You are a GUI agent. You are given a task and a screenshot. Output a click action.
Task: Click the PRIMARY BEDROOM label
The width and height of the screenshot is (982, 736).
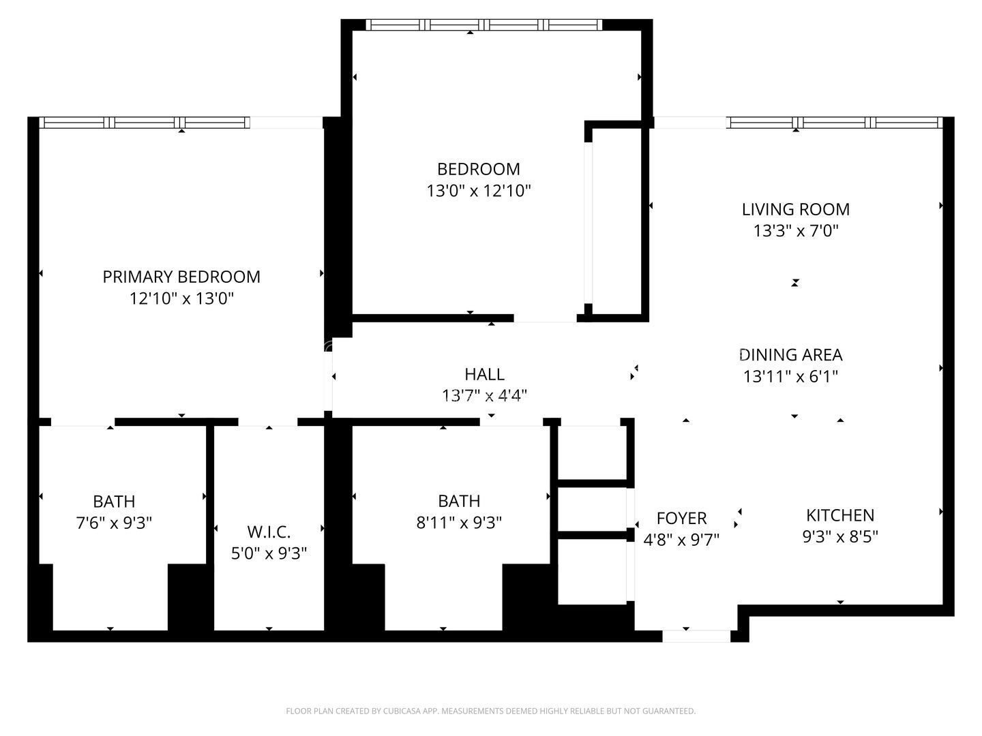tap(181, 277)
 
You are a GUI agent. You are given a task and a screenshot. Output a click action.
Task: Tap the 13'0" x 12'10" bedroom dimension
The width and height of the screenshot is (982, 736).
tap(478, 191)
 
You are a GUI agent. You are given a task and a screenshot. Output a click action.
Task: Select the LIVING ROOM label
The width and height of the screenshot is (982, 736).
tap(795, 209)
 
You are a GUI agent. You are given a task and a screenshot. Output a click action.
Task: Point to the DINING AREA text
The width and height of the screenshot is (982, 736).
tap(791, 355)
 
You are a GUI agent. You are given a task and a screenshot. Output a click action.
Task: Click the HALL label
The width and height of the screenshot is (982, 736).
tap(484, 374)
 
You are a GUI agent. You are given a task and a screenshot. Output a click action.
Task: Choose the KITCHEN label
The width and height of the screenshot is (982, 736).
tap(839, 515)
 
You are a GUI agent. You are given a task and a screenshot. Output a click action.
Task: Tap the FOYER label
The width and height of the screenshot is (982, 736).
tap(681, 519)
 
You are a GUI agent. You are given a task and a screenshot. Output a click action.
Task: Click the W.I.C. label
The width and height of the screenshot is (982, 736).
tap(269, 532)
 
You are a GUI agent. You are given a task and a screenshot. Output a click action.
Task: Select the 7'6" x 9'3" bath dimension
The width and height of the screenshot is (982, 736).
tap(114, 523)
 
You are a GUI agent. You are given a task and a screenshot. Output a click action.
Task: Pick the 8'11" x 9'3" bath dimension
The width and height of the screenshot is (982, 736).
tap(459, 523)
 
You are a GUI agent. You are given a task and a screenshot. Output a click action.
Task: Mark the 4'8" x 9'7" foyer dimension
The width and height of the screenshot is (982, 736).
tap(681, 540)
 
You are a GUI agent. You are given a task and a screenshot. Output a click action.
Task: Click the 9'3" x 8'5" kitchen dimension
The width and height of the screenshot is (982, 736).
tap(839, 537)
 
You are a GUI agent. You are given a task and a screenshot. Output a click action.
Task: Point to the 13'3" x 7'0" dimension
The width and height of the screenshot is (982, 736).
tap(795, 231)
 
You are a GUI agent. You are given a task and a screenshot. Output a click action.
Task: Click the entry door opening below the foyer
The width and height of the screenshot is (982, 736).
tap(696, 637)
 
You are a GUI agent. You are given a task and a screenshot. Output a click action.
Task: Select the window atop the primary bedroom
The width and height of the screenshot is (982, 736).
tap(144, 123)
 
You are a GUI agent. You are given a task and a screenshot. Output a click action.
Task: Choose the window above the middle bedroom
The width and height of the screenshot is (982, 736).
tap(483, 25)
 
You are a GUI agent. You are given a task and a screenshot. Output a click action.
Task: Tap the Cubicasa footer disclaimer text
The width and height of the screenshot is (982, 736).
tap(490, 711)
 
